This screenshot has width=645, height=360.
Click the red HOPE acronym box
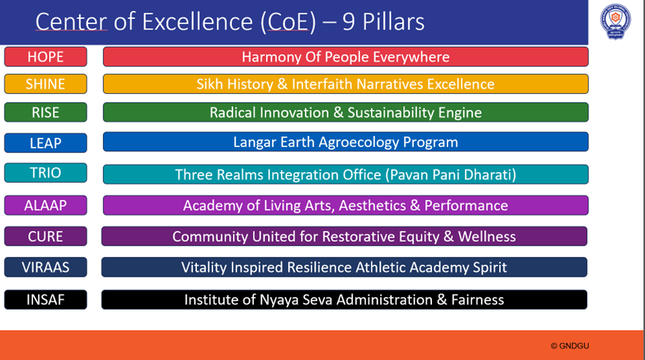pos(46,57)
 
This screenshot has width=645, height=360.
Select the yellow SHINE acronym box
pos(46,84)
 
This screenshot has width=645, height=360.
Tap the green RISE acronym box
pos(46,112)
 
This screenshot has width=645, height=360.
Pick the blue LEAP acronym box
pos(46,143)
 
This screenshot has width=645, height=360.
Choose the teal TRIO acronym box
pos(46,173)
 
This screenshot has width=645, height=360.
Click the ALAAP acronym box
pos(46,206)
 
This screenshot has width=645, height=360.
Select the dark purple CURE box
pos(46,236)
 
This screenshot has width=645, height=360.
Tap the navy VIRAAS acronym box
pos(46,267)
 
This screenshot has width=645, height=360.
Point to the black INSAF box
pos(46,300)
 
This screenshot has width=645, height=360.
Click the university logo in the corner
pos(615,21)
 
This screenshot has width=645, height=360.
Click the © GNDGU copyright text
pos(570,346)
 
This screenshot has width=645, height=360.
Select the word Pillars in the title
pos(393,21)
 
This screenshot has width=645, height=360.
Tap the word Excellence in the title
pos(197,21)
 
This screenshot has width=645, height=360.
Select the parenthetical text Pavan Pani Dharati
pos(451,175)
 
